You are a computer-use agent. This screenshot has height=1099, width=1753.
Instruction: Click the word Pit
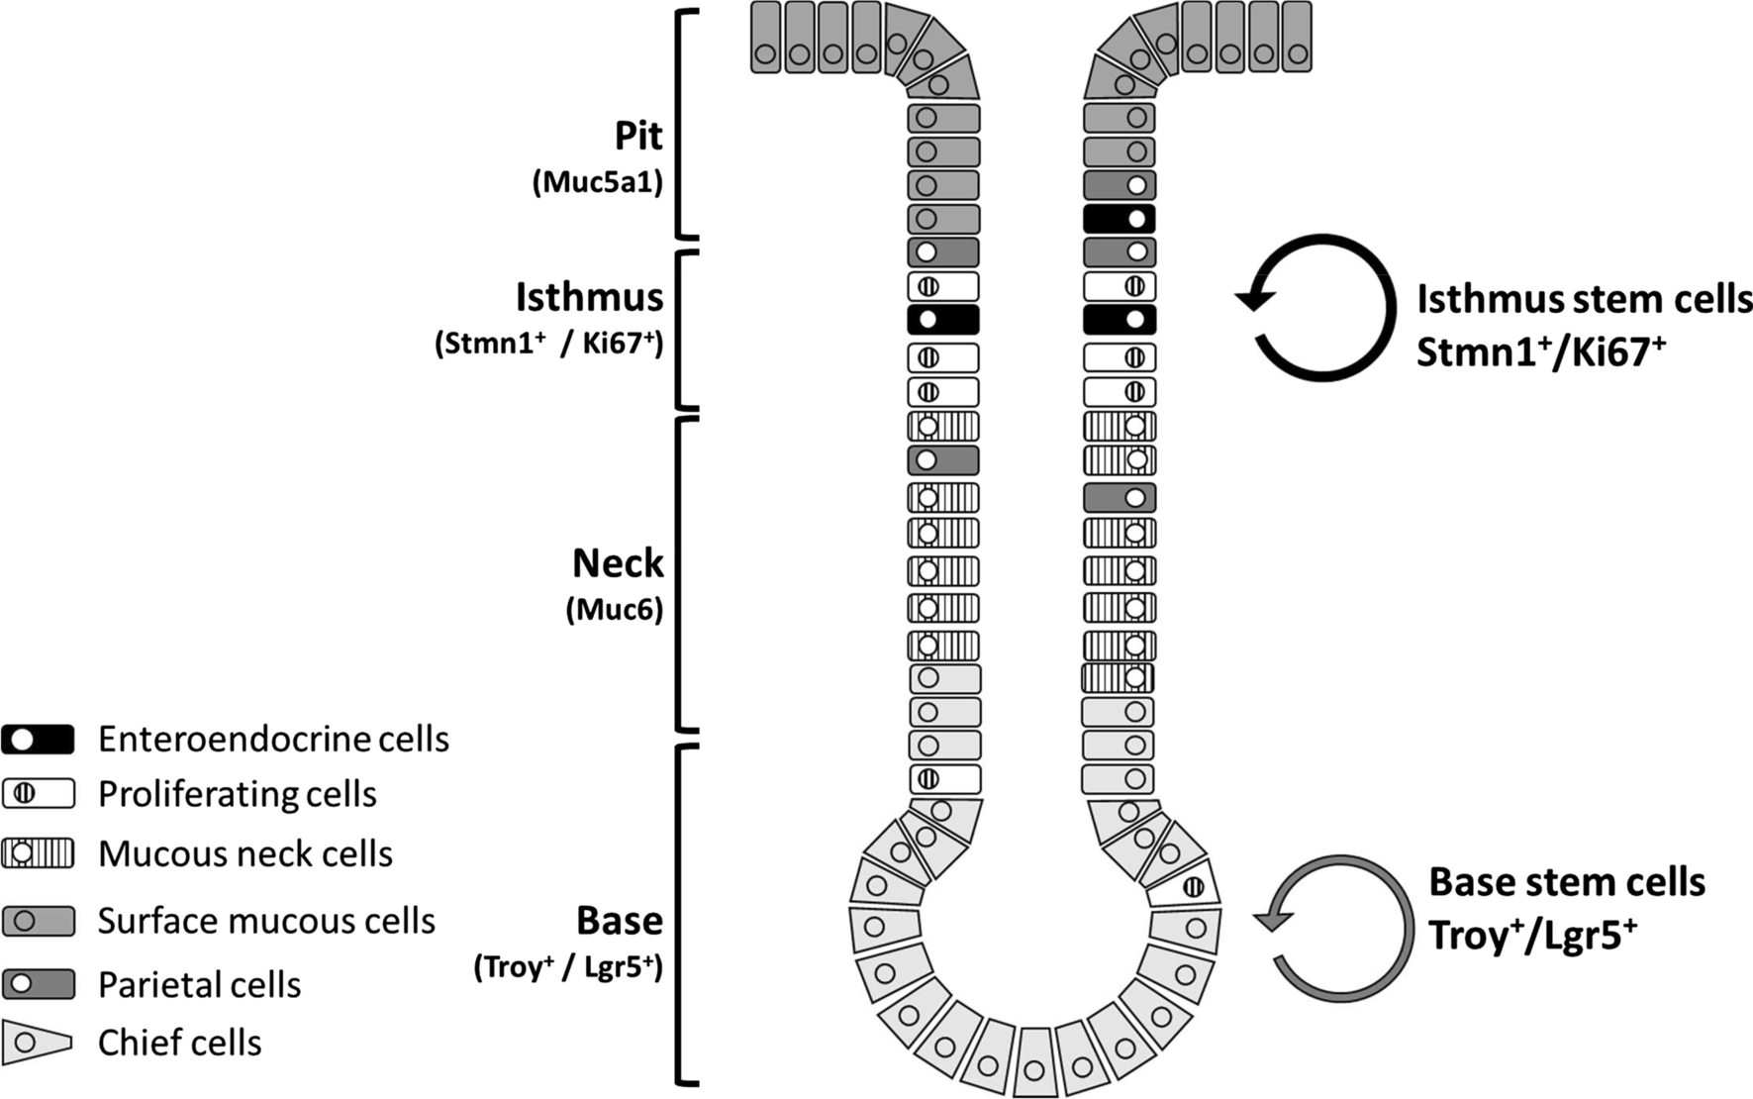click(638, 136)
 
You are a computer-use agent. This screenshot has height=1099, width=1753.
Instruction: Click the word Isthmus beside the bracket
click(589, 297)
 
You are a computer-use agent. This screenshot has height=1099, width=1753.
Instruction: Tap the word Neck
click(618, 563)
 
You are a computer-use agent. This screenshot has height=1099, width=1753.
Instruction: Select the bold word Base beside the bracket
click(619, 921)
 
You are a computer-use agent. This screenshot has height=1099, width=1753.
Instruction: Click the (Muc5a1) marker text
click(597, 183)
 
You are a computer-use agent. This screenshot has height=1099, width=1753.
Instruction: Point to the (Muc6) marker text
click(614, 609)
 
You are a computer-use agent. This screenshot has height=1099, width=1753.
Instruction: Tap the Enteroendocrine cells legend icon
click(38, 739)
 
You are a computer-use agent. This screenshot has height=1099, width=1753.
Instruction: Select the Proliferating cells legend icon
click(38, 793)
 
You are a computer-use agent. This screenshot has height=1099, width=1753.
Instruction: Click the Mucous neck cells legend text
click(245, 853)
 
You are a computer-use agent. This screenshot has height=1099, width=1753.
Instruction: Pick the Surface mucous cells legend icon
click(38, 921)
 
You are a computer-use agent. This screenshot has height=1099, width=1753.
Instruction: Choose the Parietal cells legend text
click(199, 984)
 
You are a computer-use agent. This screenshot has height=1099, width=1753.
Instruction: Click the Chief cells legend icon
click(38, 1043)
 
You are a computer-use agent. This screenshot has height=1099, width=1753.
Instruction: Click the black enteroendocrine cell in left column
click(942, 320)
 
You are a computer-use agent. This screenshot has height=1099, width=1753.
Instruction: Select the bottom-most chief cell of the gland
click(1034, 1063)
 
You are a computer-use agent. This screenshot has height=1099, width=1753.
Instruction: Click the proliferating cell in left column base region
click(943, 779)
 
